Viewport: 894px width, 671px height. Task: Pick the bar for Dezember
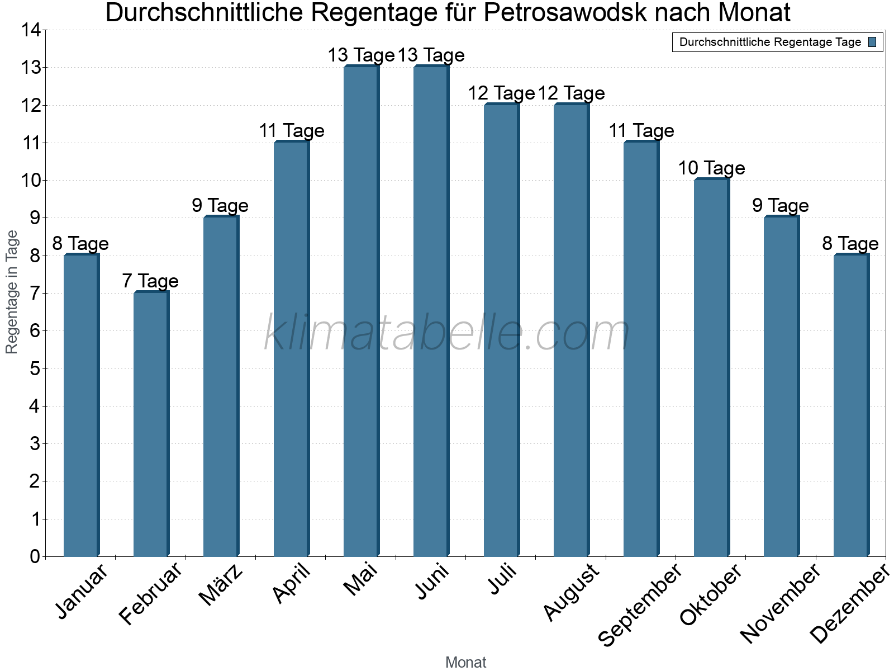point(851,405)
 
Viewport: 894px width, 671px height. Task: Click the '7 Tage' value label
point(150,281)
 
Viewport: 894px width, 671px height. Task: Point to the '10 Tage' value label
point(711,168)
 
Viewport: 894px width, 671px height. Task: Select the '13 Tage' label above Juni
point(431,55)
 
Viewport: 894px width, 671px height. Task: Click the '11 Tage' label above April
point(291,130)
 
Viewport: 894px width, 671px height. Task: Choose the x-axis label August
point(572,593)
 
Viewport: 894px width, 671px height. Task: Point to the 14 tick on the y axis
point(31,30)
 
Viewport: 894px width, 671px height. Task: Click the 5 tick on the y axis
point(35,368)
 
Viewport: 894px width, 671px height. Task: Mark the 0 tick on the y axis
point(35,556)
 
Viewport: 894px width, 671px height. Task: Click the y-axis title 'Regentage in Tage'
point(12,292)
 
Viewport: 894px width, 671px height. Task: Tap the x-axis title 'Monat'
point(465,662)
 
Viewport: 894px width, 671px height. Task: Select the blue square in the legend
point(872,42)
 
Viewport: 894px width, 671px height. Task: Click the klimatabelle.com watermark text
point(447,333)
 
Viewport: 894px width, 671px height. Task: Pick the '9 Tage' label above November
point(781,205)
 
